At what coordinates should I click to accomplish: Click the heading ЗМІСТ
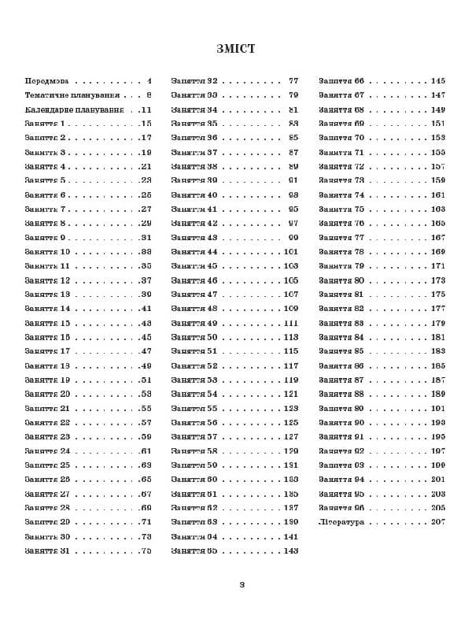pos(236,49)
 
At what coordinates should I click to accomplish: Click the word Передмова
pos(46,81)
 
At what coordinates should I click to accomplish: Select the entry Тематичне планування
pos(74,95)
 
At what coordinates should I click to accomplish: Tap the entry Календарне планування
pos(74,109)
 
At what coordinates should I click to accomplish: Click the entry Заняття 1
pos(45,124)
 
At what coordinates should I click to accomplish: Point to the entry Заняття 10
pos(47,252)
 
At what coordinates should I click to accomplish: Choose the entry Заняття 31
pos(47,550)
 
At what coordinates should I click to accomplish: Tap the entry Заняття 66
pos(341,81)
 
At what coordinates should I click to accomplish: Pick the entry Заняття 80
pos(341,280)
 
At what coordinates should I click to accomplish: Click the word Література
pos(341,522)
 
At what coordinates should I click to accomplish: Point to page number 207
pos(438,522)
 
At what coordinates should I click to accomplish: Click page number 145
pos(438,81)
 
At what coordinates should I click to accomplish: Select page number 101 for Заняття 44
pos(291,252)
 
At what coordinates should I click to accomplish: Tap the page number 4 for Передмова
pos(149,81)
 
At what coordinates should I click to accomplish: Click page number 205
pos(438,508)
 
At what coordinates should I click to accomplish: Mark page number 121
pos(291,394)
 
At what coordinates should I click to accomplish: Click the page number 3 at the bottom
pos(242,584)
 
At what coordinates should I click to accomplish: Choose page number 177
pos(438,309)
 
